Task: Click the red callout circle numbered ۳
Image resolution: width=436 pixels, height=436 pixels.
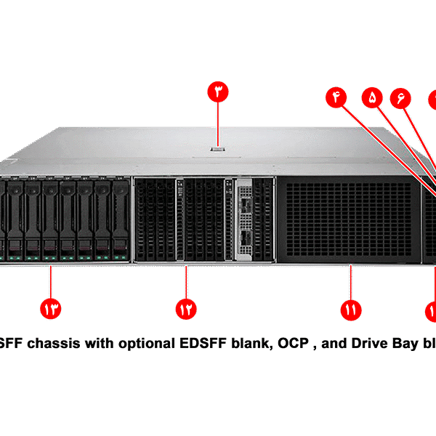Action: [219, 92]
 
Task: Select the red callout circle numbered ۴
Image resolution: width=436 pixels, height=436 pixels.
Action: [336, 97]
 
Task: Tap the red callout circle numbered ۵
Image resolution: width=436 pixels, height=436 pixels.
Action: [374, 97]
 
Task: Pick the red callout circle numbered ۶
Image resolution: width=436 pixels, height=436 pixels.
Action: [400, 97]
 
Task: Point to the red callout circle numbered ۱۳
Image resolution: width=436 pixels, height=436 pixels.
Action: [52, 308]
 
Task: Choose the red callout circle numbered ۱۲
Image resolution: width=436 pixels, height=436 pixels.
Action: [186, 308]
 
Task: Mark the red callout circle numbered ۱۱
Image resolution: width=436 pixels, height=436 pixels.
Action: [350, 308]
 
